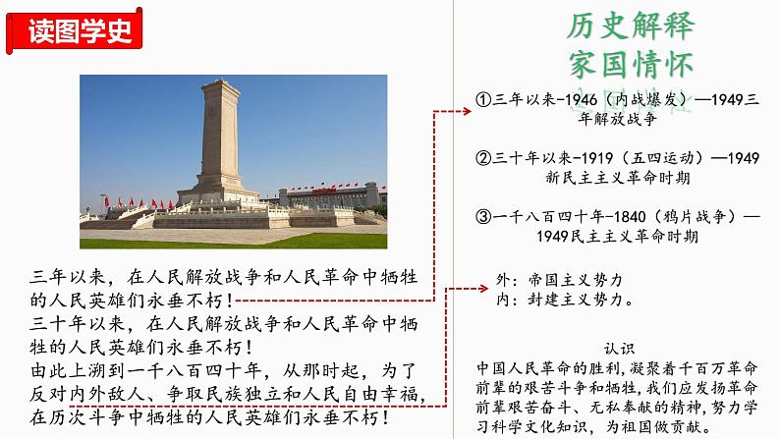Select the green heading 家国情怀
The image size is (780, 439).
click(x=630, y=62)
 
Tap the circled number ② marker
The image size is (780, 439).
click(x=482, y=158)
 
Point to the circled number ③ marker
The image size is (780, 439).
click(x=482, y=216)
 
